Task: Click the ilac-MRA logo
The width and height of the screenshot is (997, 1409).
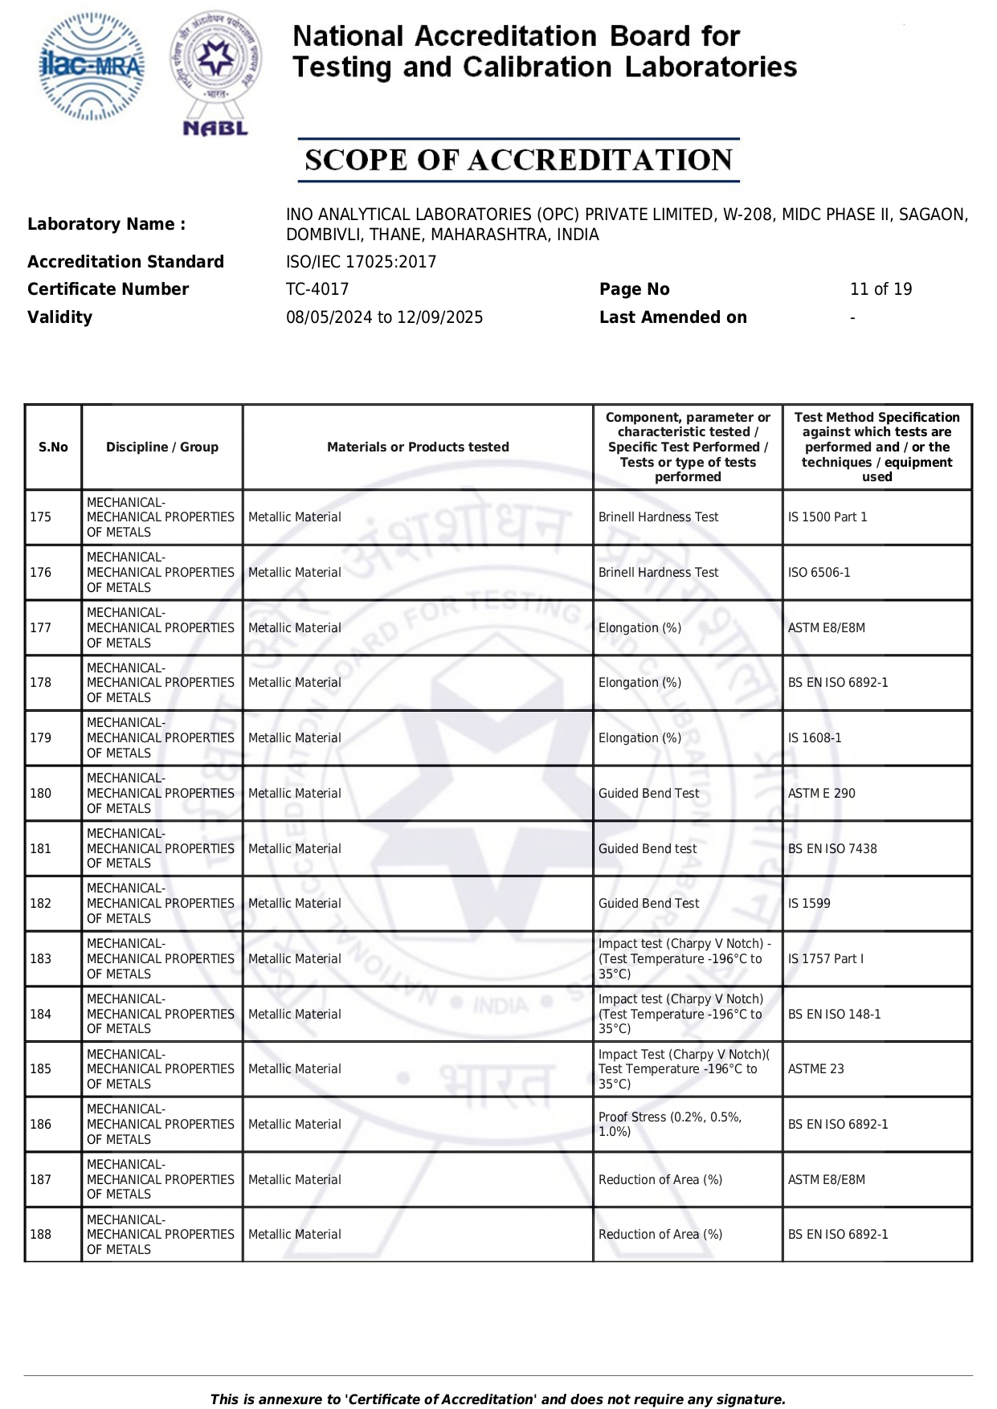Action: point(92,67)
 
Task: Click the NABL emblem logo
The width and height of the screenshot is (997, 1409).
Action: point(215,73)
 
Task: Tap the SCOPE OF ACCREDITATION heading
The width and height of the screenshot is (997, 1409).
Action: point(518,160)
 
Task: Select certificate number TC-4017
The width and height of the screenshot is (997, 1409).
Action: point(317,289)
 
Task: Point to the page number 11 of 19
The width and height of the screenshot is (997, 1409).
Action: point(881,289)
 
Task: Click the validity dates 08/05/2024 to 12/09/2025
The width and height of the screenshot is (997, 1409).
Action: point(384,317)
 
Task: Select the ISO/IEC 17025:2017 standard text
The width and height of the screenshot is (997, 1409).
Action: point(361,262)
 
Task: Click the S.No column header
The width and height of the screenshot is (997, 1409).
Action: point(53,447)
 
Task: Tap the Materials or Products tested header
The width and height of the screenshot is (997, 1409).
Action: point(418,447)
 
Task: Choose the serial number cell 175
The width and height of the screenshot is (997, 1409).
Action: point(41,517)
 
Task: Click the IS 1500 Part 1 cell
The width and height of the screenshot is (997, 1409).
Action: point(827,517)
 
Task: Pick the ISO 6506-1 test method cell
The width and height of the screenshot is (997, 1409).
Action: point(819,573)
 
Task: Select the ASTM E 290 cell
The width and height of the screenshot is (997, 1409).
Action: point(821,794)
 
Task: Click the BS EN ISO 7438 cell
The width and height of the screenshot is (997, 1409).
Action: point(832,849)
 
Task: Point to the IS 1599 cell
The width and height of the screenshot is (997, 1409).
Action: point(809,904)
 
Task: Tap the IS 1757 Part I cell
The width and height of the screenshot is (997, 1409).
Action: point(826,959)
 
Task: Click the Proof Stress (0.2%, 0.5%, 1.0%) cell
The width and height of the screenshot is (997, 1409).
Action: point(670,1125)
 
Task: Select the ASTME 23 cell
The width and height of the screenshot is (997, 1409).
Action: point(815,1069)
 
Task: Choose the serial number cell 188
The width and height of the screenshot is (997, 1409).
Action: point(41,1235)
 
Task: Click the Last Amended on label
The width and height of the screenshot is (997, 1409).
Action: point(672,317)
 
